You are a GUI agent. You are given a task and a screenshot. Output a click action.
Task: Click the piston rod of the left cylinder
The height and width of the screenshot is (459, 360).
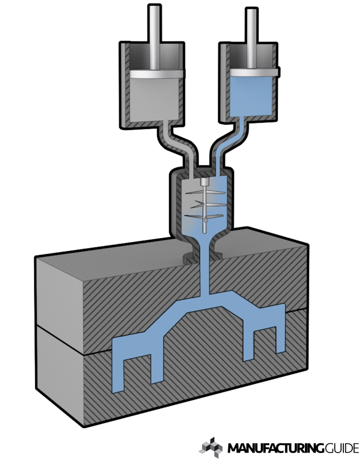click(154, 37)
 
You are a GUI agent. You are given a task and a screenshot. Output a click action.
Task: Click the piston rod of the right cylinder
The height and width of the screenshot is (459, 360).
click(252, 38)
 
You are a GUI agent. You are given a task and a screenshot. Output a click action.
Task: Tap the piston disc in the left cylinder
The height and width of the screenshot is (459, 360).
click(157, 74)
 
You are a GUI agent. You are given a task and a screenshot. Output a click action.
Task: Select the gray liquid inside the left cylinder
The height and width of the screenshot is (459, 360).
click(154, 99)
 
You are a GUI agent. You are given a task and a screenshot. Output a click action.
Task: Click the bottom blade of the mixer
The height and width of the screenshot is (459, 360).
click(204, 217)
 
